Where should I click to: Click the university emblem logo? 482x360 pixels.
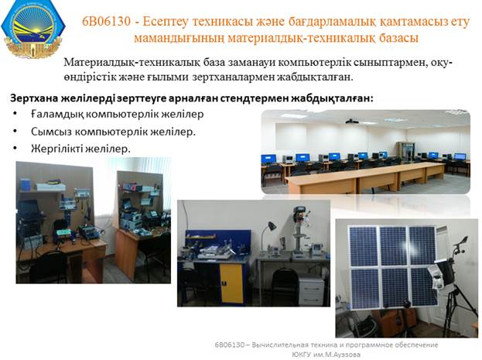[33, 29]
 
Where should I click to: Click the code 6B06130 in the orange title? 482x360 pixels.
[106, 22]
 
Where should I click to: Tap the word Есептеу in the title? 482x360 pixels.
[166, 22]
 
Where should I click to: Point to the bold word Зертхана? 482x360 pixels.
[34, 98]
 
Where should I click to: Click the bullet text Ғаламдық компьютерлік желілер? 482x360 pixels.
[117, 114]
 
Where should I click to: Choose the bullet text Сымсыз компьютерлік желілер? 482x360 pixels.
[114, 132]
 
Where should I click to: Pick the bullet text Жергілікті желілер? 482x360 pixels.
[80, 149]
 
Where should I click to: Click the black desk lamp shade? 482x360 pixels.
[272, 226]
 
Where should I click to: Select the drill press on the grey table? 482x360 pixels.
[300, 230]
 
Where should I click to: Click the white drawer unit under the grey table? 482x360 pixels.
[311, 290]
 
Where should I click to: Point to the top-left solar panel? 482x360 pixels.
[364, 246]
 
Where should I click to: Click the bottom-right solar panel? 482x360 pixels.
[425, 289]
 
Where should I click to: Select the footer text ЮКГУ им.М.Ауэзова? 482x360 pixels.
[326, 355]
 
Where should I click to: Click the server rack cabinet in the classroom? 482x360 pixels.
[405, 151]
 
